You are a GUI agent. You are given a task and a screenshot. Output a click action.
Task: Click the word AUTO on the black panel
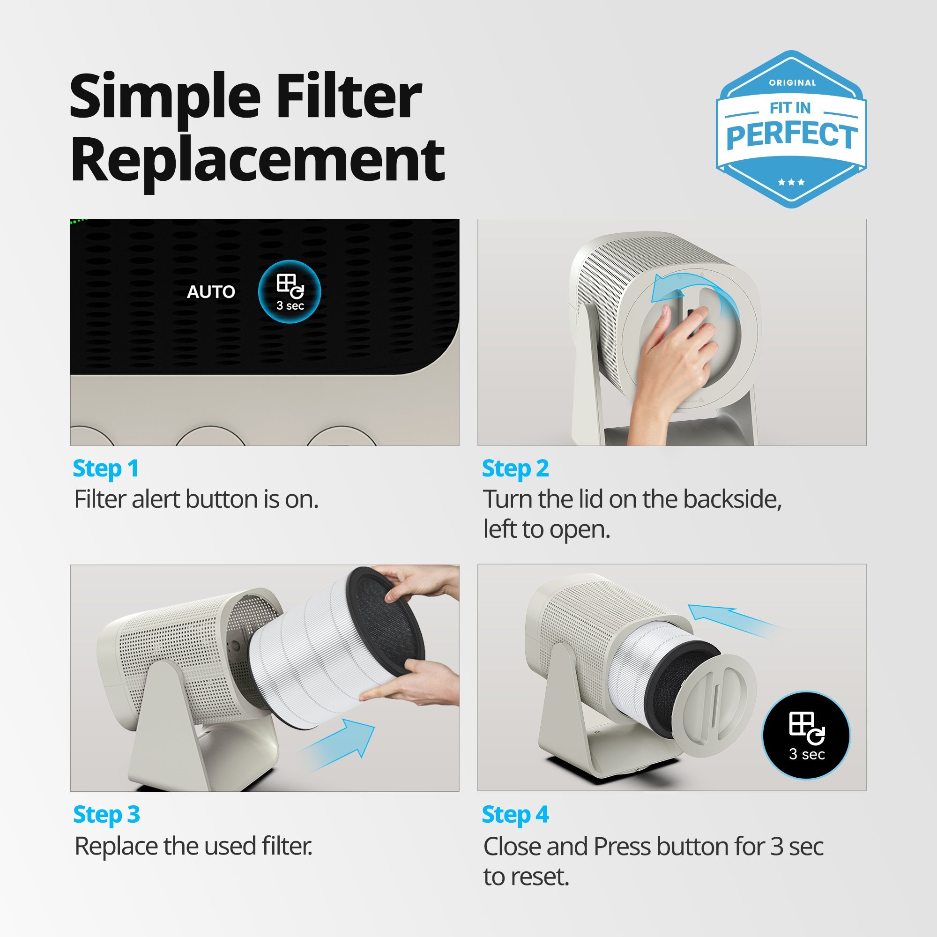point(211,292)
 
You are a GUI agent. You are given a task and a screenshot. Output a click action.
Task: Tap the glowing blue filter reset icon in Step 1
point(290,292)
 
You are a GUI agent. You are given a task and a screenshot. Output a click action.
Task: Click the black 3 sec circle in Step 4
point(806,735)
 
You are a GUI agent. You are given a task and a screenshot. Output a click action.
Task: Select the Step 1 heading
point(106,468)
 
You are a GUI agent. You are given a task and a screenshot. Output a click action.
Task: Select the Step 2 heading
point(515,468)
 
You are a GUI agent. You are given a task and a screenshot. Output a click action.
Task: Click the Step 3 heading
point(106,814)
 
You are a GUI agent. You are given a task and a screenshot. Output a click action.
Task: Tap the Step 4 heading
point(515,814)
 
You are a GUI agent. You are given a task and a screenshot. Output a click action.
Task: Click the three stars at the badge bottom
point(791,182)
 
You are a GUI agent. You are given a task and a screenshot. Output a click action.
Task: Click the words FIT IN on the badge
point(790,108)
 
